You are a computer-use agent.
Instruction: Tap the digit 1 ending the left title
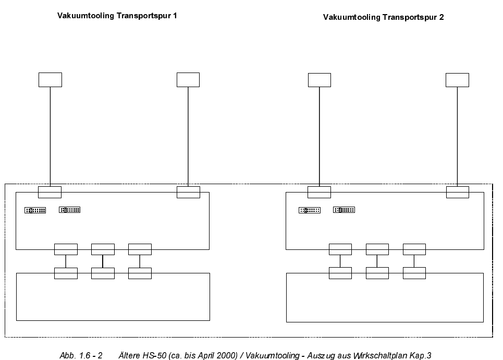[x=175, y=16]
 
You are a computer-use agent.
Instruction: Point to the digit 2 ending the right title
[x=441, y=17]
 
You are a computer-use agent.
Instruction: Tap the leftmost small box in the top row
[x=50, y=80]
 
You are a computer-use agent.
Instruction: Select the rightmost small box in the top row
[x=457, y=80]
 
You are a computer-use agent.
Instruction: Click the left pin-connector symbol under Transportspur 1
[x=35, y=210]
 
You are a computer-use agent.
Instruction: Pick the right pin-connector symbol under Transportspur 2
[x=344, y=210]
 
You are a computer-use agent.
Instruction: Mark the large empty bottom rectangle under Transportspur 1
[x=113, y=300]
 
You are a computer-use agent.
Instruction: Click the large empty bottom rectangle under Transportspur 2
[x=385, y=302]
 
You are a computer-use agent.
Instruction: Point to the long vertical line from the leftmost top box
[x=50, y=136]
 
